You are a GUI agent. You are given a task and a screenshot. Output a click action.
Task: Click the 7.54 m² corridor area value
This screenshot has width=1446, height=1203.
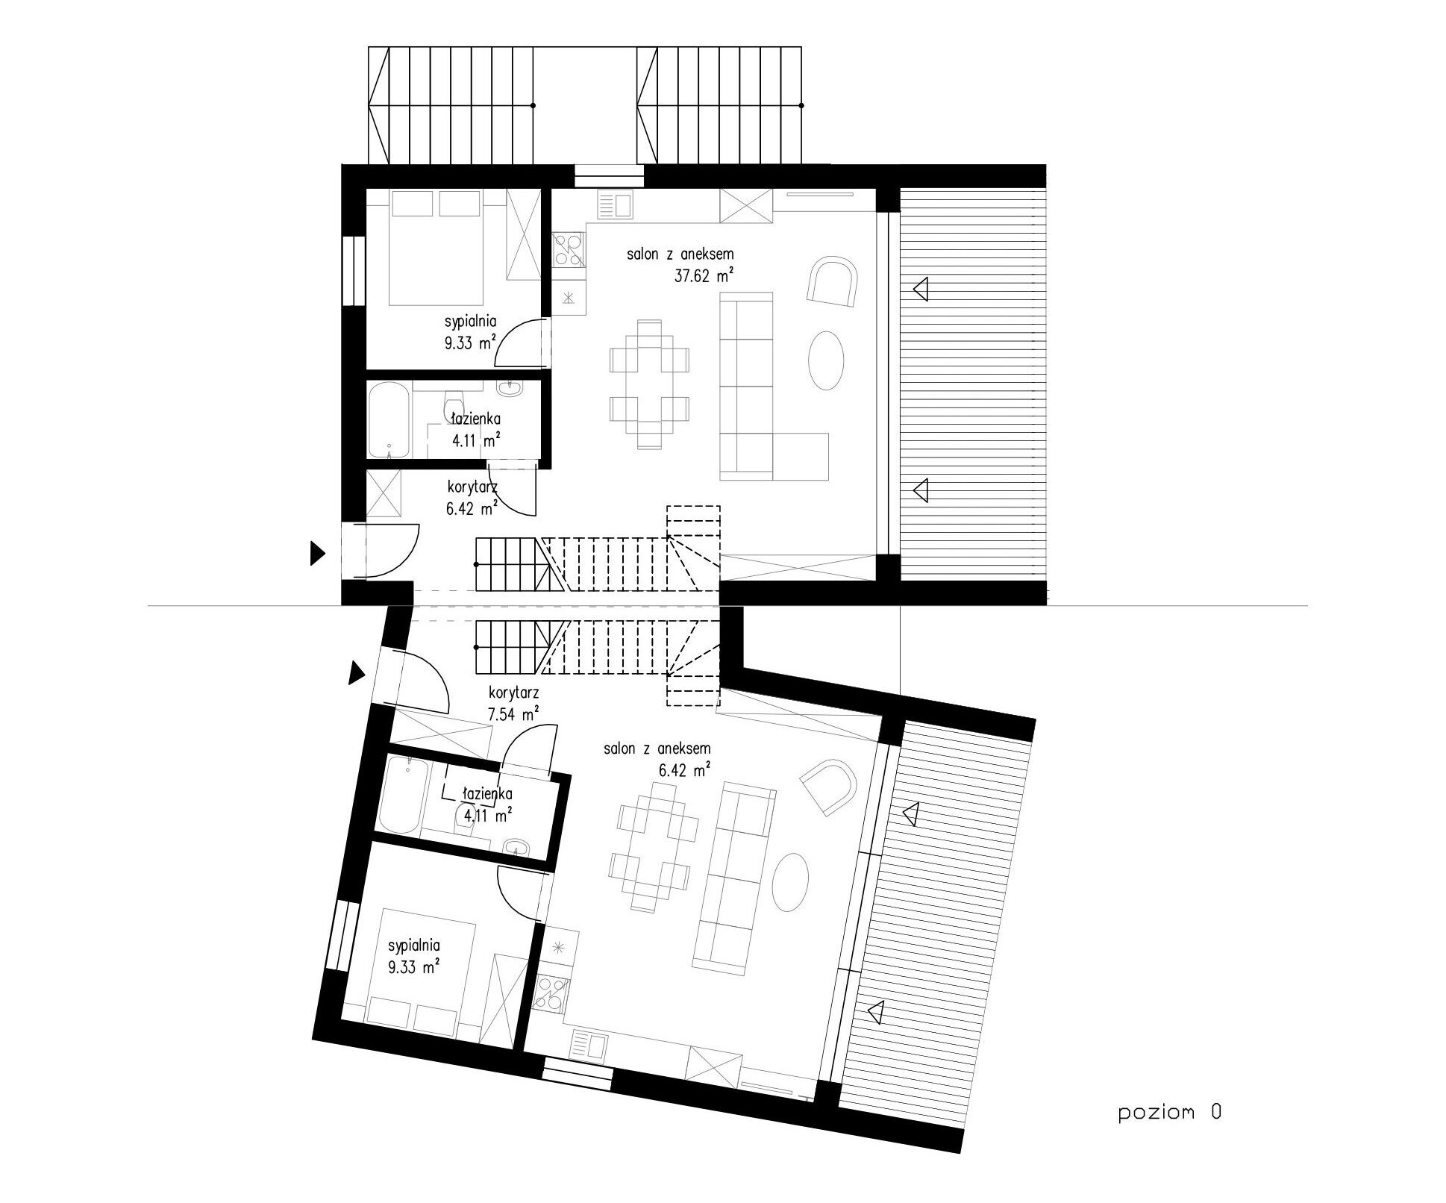(514, 714)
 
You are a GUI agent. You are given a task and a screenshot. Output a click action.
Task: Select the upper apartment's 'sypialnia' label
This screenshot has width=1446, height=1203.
(471, 322)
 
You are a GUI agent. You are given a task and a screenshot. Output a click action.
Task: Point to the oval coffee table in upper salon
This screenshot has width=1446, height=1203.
(827, 360)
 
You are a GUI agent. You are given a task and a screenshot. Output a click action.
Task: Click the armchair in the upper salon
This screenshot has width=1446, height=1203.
(832, 281)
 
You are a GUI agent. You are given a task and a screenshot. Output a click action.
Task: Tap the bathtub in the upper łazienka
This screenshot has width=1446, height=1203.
(389, 420)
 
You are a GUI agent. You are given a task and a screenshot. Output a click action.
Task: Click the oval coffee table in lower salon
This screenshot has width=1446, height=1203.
(790, 882)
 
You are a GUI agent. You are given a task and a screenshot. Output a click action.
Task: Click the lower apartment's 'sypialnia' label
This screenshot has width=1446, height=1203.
(413, 946)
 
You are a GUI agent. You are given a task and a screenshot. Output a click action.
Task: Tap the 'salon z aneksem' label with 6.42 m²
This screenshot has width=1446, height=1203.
(657, 748)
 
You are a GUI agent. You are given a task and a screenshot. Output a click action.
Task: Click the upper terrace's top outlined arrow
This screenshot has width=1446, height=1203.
(921, 289)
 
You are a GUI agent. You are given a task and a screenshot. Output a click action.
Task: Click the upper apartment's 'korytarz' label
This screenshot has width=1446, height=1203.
(472, 489)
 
